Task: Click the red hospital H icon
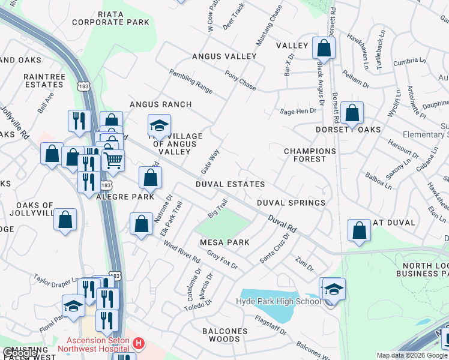(x=139, y=344)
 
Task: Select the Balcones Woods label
(x=224, y=335)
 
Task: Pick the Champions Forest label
(x=310, y=155)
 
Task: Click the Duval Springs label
(x=291, y=203)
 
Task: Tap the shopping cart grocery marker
(x=113, y=160)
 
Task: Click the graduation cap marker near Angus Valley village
(x=159, y=126)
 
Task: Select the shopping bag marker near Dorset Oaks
(x=352, y=112)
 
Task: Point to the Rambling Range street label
(x=191, y=81)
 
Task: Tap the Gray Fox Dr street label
(x=222, y=259)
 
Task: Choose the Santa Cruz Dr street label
(x=275, y=248)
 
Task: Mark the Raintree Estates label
(x=44, y=81)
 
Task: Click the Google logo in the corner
(x=21, y=353)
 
